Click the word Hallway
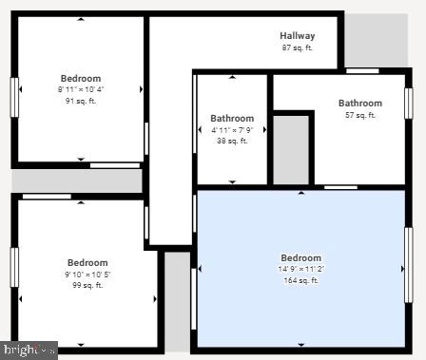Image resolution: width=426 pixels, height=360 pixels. (x=298, y=36)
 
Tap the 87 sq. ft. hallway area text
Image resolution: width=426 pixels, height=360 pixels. (x=298, y=47)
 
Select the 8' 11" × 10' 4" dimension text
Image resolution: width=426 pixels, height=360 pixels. (x=81, y=89)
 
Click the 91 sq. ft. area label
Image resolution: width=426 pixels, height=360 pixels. (x=81, y=101)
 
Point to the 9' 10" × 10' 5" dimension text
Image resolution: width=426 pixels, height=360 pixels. (x=87, y=275)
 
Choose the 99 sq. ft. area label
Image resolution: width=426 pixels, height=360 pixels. (x=87, y=285)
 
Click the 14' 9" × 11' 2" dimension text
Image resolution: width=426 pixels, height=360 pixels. (x=301, y=269)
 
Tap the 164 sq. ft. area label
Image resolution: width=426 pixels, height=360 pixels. (x=301, y=280)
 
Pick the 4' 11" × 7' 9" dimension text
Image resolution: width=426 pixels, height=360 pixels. (x=232, y=130)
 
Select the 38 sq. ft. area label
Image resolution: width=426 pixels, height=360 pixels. (x=232, y=141)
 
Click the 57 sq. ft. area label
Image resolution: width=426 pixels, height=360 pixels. (x=360, y=115)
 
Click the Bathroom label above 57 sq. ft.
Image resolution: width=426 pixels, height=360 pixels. (x=360, y=104)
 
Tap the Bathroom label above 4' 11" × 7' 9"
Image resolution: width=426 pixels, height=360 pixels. (x=232, y=119)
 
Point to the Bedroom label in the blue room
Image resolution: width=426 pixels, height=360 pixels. (x=301, y=257)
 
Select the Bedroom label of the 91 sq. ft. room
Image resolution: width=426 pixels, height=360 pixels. (x=81, y=79)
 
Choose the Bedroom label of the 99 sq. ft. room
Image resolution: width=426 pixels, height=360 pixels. (x=87, y=263)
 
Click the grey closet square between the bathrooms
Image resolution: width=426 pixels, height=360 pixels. (x=292, y=149)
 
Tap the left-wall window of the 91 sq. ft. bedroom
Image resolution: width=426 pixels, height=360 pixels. (x=15, y=97)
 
